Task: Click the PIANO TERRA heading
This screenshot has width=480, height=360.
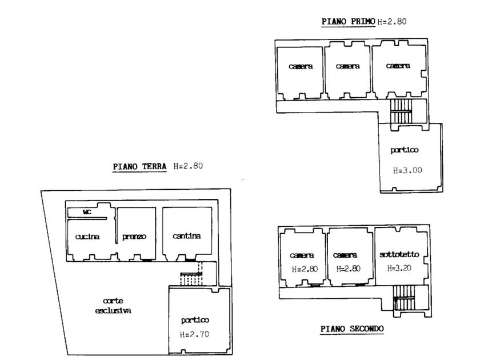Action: pyautogui.click(x=139, y=166)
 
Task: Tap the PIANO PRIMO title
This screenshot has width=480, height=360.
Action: pyautogui.click(x=349, y=22)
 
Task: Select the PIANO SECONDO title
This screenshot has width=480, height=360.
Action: pyautogui.click(x=352, y=329)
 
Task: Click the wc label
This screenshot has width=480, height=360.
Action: pyautogui.click(x=87, y=211)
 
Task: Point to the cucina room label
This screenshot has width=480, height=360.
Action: pyautogui.click(x=87, y=237)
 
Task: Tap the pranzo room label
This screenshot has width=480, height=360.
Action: pyautogui.click(x=134, y=237)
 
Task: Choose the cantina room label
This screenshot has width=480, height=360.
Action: pyautogui.click(x=187, y=235)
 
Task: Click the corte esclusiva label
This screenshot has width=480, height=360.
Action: pyautogui.click(x=113, y=306)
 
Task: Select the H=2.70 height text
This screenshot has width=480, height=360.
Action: pyautogui.click(x=194, y=334)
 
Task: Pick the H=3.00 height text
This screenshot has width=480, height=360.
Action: pyautogui.click(x=407, y=170)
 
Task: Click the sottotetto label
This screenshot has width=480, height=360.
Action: pyautogui.click(x=399, y=254)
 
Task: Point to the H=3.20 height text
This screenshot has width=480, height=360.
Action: pyautogui.click(x=399, y=268)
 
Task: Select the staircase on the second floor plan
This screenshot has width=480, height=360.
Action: pyautogui.click(x=404, y=298)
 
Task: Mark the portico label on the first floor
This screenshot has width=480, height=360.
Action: pyautogui.click(x=405, y=150)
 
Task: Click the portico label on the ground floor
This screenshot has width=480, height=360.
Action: pyautogui.click(x=195, y=320)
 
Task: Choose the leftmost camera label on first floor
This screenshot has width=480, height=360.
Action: pyautogui.click(x=301, y=66)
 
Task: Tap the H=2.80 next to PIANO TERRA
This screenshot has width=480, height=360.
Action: pyautogui.click(x=188, y=166)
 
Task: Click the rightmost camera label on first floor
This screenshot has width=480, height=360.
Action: pyautogui.click(x=398, y=66)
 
